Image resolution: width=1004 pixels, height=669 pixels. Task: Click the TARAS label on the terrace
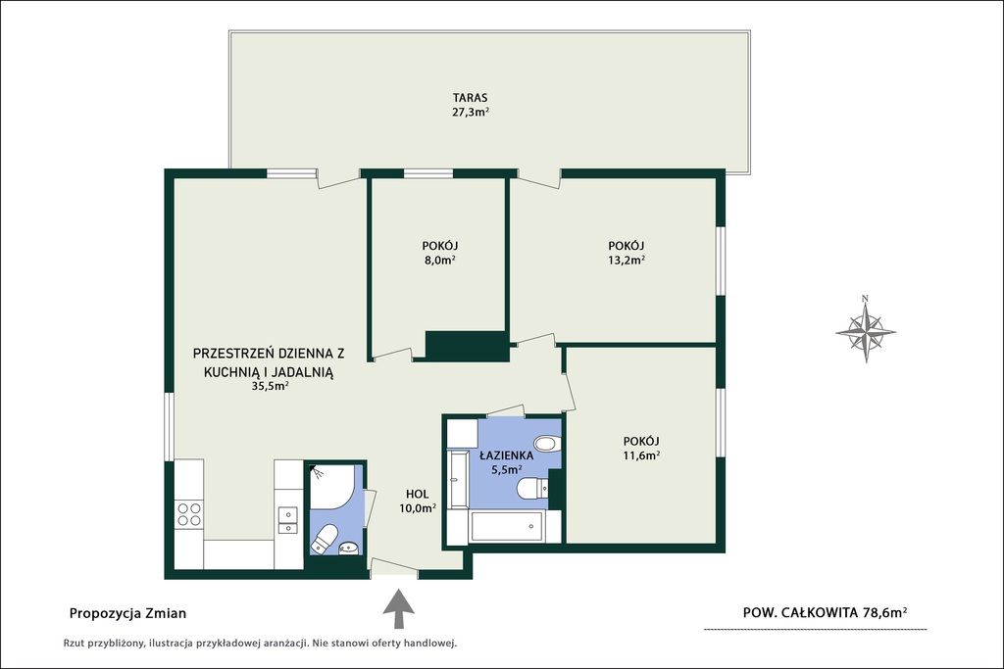(470, 98)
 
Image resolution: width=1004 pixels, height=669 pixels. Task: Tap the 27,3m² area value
(471, 113)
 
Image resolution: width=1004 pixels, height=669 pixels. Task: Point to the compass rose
(866, 331)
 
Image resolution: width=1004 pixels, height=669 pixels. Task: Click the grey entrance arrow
(398, 609)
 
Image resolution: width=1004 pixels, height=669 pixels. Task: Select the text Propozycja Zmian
(127, 613)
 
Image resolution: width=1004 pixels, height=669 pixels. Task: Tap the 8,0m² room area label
(439, 261)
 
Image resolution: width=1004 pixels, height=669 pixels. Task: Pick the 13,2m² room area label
(627, 261)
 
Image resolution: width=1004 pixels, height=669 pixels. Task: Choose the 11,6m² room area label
(641, 456)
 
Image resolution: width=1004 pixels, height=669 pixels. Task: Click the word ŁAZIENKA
(507, 456)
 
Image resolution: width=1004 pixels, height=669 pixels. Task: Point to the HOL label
(417, 495)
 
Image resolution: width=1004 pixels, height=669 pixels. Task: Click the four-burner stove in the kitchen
(189, 514)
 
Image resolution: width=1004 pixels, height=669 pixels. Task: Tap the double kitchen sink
(287, 520)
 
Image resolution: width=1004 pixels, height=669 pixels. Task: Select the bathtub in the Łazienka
(507, 526)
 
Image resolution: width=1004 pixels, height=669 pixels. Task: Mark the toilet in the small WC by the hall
(325, 539)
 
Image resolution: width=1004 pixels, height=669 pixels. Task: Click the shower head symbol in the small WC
(318, 472)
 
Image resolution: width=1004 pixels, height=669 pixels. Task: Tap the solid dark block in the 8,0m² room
(467, 346)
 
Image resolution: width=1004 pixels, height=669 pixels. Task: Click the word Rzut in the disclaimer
(75, 643)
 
